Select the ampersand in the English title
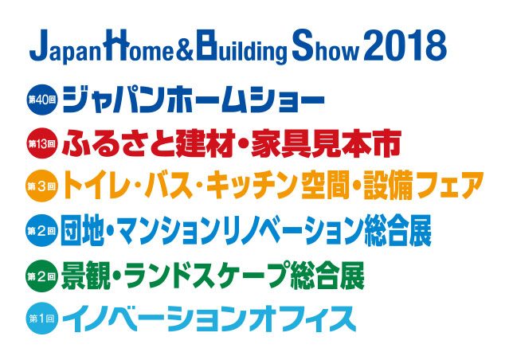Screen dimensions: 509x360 tap(185, 49)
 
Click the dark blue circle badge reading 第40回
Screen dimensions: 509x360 tap(41, 99)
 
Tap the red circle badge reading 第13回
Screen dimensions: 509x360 tap(41, 143)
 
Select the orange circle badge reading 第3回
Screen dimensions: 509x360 tap(41, 186)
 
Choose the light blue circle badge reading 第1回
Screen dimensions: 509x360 tap(41, 319)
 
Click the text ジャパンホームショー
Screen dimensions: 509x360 tap(194, 99)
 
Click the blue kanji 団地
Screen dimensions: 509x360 tap(83, 230)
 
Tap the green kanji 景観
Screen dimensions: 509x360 tap(83, 276)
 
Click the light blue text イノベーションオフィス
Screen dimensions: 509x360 tap(209, 319)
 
